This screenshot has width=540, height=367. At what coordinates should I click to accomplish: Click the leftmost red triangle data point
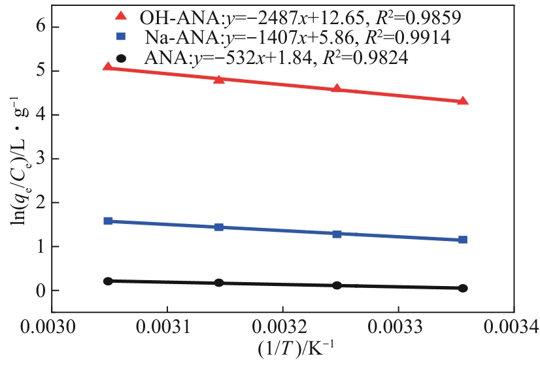coord(108,67)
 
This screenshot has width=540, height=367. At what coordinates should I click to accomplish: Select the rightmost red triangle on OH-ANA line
coord(463,101)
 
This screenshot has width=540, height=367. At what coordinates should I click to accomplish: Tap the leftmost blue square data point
coord(108,221)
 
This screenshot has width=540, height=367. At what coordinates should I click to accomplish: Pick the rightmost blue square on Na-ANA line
coord(463,240)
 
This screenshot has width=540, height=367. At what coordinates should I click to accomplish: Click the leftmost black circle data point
coord(108,281)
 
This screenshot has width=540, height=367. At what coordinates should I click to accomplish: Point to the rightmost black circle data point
coord(463,288)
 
